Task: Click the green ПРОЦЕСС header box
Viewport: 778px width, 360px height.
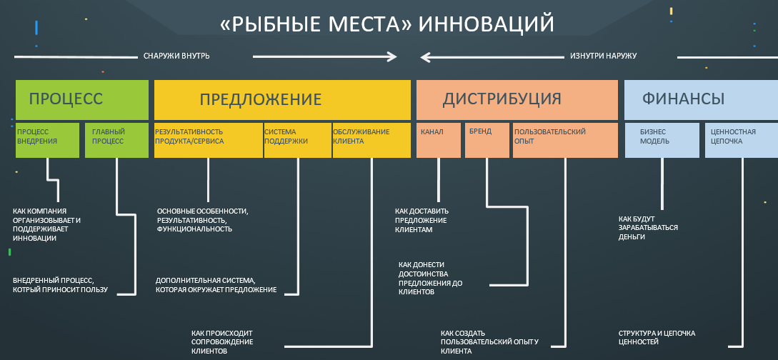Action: point(81,99)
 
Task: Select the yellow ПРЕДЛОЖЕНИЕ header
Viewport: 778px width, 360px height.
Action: point(282,99)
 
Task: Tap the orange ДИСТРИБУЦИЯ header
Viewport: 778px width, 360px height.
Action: point(517,99)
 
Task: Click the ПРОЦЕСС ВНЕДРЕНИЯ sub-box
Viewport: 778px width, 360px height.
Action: point(47,140)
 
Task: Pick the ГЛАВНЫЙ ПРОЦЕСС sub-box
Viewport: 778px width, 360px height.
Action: point(116,140)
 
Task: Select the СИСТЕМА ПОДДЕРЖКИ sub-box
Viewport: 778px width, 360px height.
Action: point(297,140)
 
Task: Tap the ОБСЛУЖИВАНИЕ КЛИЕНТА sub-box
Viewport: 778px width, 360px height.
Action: point(371,140)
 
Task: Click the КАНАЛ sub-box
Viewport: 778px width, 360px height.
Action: point(439,140)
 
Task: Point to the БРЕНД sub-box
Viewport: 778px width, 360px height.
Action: point(487,140)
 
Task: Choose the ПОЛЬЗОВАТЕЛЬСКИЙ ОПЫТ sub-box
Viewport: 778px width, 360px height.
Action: point(564,140)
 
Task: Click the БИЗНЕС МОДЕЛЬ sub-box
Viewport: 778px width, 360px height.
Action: point(662,140)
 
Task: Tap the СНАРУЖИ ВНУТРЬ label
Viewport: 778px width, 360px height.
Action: point(176,56)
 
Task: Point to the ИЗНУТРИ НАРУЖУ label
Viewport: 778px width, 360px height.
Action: point(604,56)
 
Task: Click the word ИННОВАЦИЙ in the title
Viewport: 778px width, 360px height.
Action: point(487,24)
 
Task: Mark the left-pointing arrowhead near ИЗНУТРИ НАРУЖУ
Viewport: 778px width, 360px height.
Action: point(424,56)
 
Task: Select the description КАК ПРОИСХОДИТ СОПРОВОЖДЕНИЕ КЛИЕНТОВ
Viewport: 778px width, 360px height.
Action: point(222,342)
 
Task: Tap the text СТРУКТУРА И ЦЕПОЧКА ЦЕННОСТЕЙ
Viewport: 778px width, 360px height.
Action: point(657,337)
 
